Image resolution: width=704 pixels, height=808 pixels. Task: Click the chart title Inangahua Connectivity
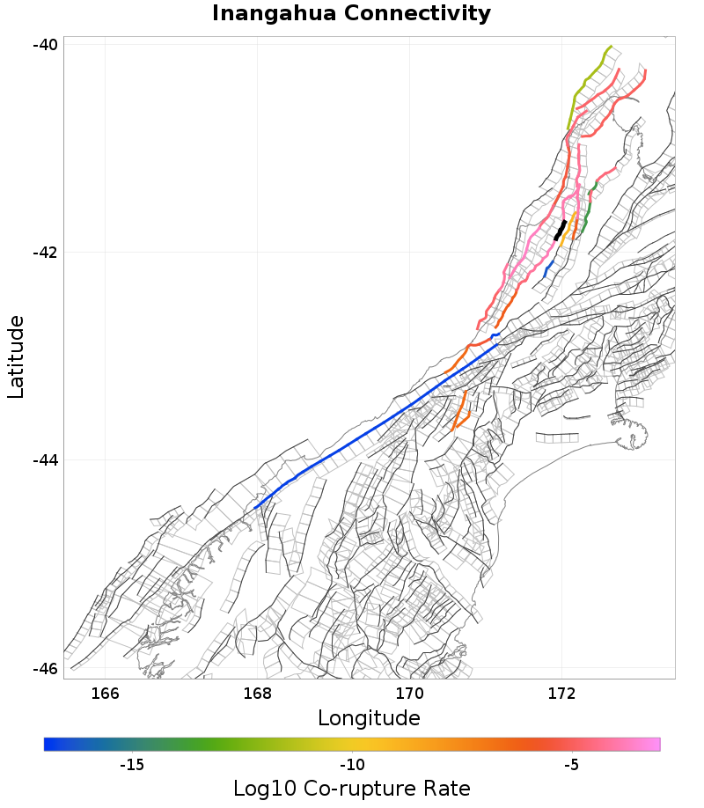tap(351, 14)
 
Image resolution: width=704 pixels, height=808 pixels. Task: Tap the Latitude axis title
tap(17, 357)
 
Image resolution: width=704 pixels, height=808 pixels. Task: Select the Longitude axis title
tap(369, 718)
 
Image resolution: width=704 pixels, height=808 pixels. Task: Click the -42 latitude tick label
tap(46, 253)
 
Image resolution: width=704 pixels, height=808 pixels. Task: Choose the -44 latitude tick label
tap(46, 460)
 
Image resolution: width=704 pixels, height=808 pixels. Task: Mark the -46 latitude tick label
tap(46, 668)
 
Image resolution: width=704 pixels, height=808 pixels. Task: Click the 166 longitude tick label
tap(105, 693)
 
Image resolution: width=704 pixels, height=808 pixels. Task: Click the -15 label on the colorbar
tap(131, 765)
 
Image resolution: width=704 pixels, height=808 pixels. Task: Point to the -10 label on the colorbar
tap(352, 765)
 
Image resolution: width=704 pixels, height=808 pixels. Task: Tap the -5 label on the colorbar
tap(571, 765)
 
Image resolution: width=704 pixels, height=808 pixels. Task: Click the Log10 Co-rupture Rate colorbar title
tap(351, 788)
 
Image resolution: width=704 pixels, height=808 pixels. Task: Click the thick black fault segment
tap(560, 230)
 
